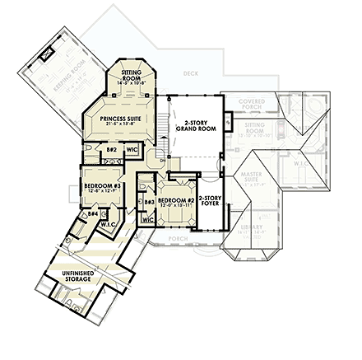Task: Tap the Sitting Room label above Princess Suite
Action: click(132, 75)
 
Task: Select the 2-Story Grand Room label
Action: click(195, 127)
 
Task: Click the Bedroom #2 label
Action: click(175, 199)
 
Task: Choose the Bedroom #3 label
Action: click(102, 186)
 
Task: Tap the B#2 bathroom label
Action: click(111, 150)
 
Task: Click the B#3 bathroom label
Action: click(150, 201)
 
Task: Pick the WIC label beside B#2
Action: click(131, 150)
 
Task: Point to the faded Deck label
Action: click(192, 73)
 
